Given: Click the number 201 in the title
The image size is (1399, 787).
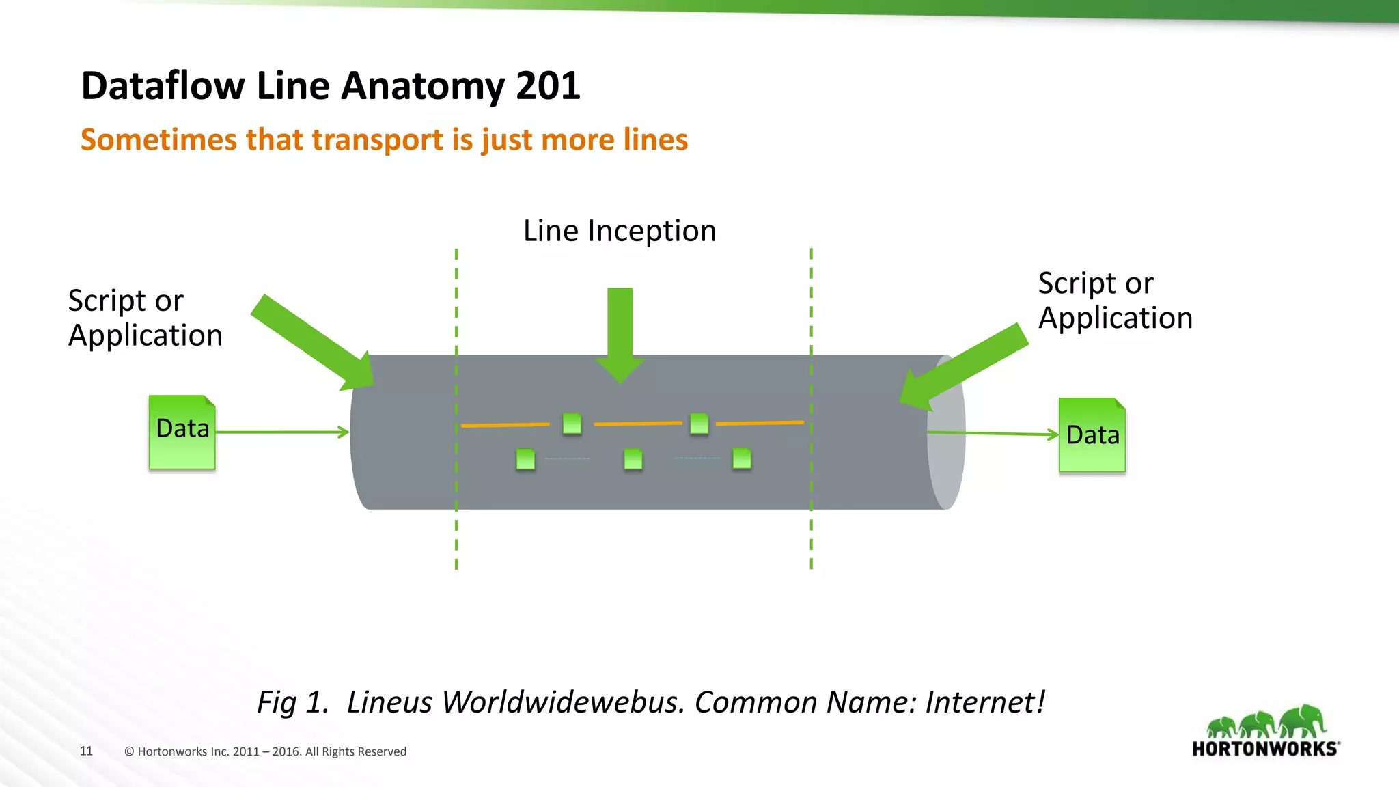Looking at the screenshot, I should click(x=548, y=86).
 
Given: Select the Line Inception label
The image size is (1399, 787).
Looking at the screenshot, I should click(x=620, y=231).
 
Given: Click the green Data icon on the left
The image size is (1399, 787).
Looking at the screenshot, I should click(x=182, y=432).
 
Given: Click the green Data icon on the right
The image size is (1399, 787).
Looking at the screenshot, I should click(x=1092, y=435).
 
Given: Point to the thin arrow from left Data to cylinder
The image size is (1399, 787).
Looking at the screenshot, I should click(x=281, y=432).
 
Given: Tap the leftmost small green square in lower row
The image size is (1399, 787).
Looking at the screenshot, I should click(x=525, y=459).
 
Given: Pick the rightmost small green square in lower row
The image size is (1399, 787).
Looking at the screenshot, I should click(x=742, y=458).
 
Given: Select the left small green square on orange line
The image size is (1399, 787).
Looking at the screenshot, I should click(x=572, y=424).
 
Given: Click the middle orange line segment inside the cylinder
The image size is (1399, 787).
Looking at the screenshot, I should click(x=638, y=424).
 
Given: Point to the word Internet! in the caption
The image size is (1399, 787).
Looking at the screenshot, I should click(x=984, y=702).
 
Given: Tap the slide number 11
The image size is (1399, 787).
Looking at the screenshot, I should click(x=86, y=751).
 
